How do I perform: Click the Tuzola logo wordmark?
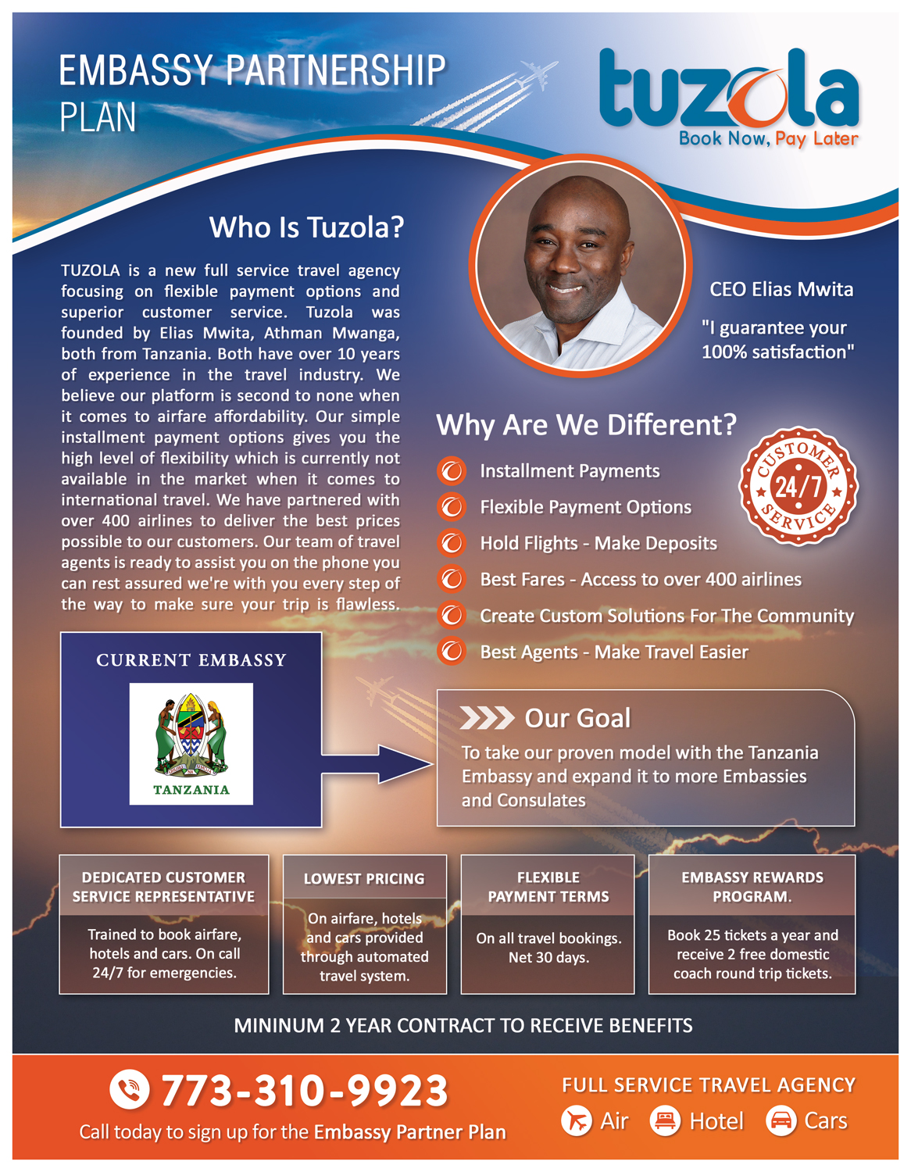728,91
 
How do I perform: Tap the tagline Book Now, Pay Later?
768,139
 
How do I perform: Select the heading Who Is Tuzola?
306,227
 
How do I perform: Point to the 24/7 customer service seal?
798,486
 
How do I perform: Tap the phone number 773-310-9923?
304,1091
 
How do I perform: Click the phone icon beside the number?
129,1090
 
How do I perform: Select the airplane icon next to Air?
577,1121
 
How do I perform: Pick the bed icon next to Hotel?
665,1121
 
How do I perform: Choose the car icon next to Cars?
781,1121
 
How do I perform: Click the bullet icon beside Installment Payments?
451,471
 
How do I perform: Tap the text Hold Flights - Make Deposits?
598,543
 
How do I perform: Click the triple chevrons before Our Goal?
486,718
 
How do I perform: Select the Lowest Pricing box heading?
364,879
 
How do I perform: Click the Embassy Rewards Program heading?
752,887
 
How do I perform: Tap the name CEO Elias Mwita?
781,290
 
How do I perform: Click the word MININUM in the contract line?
278,1026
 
